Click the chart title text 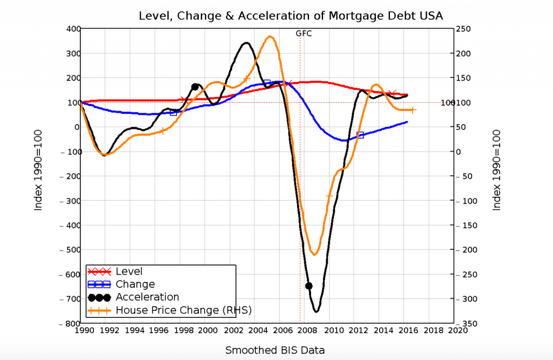click(x=291, y=16)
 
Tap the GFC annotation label click(x=304, y=33)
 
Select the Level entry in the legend click(x=129, y=271)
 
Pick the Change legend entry click(x=135, y=284)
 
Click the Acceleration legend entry click(x=147, y=297)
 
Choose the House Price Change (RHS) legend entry click(x=184, y=310)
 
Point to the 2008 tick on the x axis click(x=306, y=330)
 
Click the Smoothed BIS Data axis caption click(x=275, y=350)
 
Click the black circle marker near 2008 click(x=309, y=286)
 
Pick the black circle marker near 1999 click(x=195, y=87)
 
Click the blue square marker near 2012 click(x=360, y=135)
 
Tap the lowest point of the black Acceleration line click(x=316, y=311)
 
